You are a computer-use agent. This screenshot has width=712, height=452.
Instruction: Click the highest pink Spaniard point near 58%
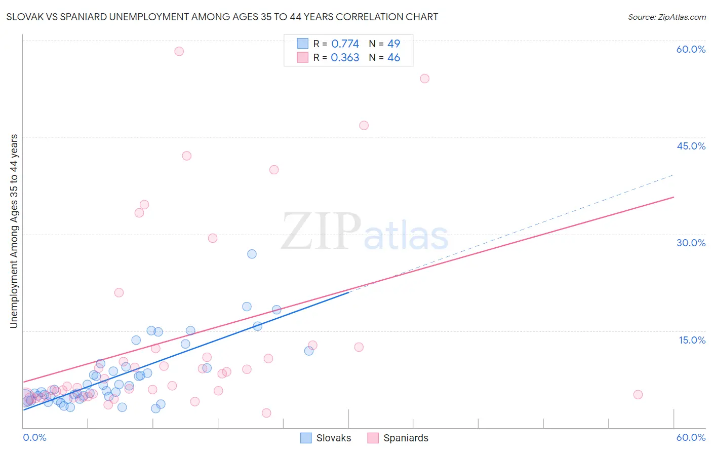point(179,51)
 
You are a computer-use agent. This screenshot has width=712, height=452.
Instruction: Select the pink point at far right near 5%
point(638,395)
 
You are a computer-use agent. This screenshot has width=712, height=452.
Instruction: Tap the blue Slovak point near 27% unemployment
point(252,254)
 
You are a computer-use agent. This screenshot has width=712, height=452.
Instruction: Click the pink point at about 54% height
point(424,79)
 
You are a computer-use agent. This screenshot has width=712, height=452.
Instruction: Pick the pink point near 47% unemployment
point(364,126)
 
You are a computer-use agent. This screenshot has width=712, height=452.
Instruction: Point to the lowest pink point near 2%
point(266,413)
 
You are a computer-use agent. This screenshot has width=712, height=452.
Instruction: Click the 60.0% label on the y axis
point(691,49)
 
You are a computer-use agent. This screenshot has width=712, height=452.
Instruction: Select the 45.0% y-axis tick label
point(691,146)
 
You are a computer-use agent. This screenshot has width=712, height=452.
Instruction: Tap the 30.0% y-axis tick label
point(691,243)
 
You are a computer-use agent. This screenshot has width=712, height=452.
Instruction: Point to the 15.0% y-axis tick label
point(692,340)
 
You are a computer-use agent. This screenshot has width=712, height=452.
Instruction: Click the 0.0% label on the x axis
point(34,437)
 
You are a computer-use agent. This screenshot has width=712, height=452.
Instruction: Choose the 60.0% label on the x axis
point(691,437)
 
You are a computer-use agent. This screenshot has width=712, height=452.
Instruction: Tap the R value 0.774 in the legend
point(345,44)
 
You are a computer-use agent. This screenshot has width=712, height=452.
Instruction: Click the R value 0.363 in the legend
point(345,58)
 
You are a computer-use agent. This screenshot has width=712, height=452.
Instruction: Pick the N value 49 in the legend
point(393,44)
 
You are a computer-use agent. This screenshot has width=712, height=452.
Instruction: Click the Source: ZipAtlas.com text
point(666,17)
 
